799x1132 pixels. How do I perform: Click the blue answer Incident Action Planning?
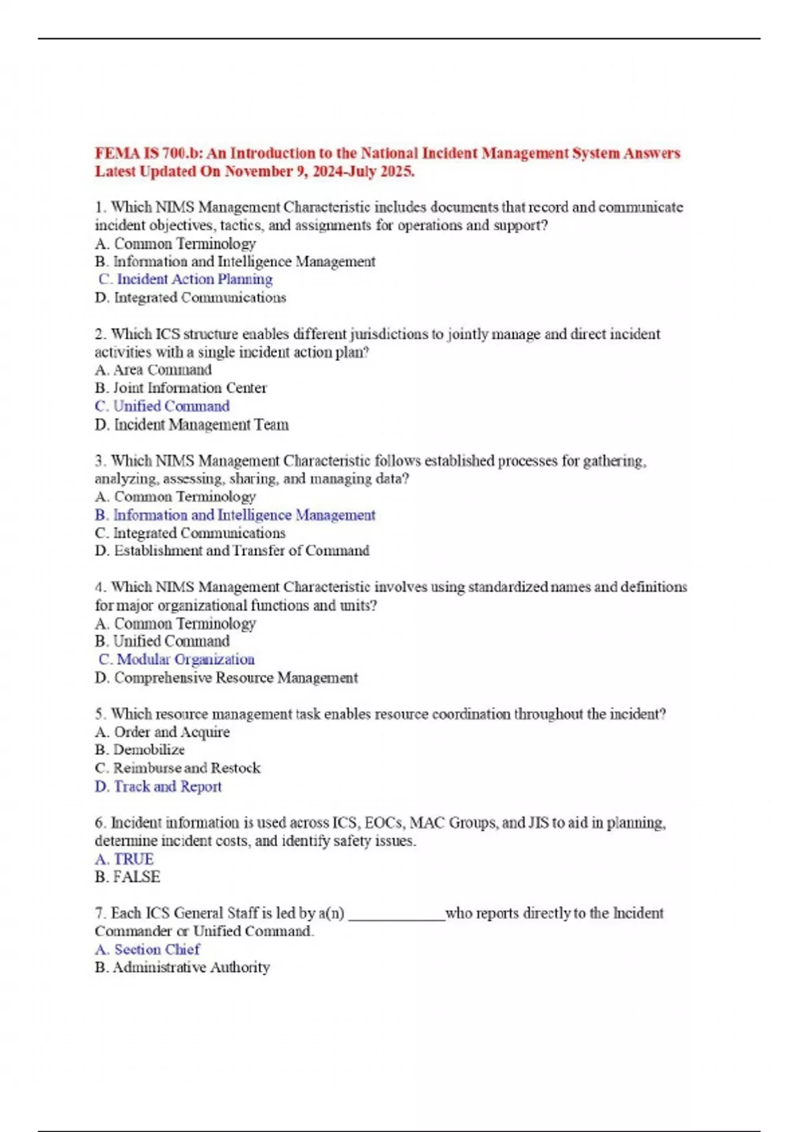[186, 279]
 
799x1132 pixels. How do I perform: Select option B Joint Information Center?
[180, 388]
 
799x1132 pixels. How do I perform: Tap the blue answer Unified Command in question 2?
[162, 406]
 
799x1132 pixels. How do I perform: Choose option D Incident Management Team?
[192, 424]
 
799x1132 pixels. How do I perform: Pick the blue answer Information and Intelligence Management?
[235, 515]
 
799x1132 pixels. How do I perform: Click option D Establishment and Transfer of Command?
[232, 551]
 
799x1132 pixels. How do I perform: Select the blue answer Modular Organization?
[177, 659]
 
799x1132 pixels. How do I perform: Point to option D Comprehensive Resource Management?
[226, 678]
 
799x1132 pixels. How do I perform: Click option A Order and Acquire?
[162, 732]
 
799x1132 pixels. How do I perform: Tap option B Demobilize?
[140, 750]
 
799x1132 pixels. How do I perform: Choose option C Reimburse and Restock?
[178, 768]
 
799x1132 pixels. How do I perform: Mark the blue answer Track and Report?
[158, 786]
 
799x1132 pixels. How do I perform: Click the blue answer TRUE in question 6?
[125, 859]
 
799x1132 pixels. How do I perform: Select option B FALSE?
[128, 877]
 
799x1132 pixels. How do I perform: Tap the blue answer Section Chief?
[147, 950]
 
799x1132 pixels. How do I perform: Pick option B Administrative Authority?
[182, 968]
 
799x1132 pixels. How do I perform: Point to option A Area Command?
[153, 370]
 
